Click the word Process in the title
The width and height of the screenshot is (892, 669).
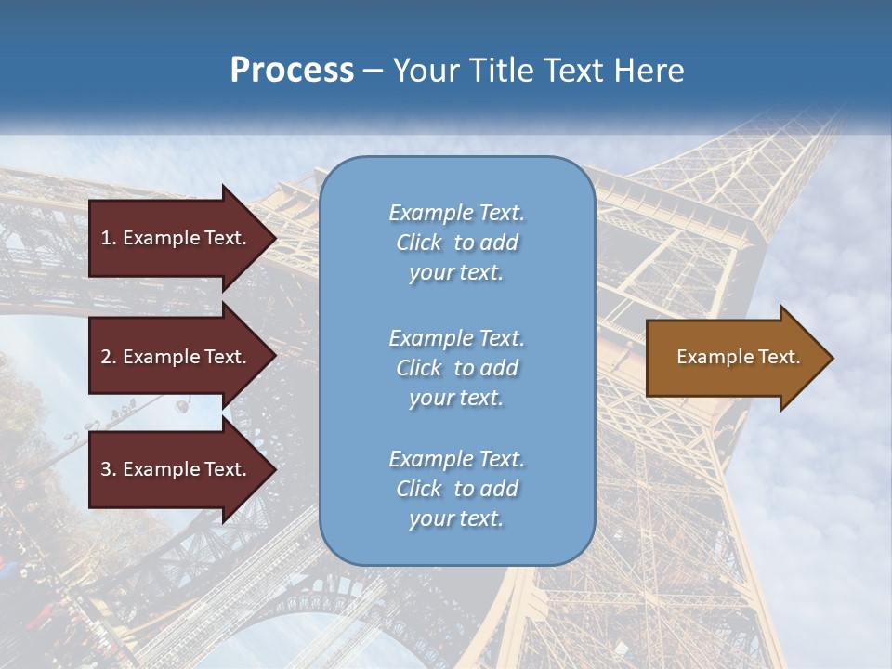[x=292, y=71]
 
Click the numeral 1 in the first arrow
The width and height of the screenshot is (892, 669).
[x=106, y=238]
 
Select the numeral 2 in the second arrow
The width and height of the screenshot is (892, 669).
[x=106, y=357]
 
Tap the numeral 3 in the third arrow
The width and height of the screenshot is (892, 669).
[x=106, y=469]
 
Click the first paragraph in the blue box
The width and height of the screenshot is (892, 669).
[x=456, y=243]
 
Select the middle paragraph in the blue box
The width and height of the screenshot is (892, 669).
[x=456, y=368]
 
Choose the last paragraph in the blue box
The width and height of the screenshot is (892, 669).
[x=456, y=489]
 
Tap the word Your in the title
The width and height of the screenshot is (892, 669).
[x=427, y=71]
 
